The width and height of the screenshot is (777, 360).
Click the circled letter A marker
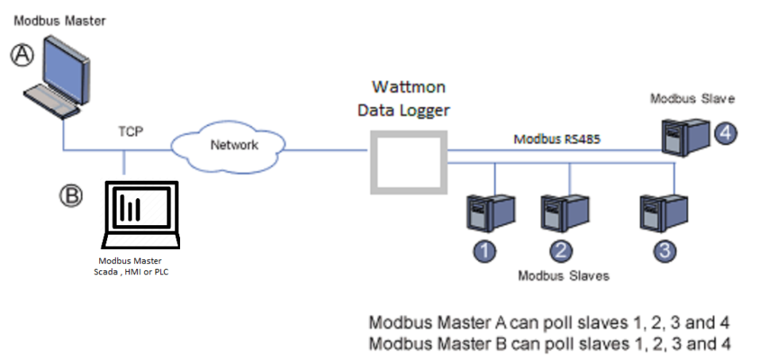[22, 54]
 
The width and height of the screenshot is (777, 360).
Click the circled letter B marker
[72, 195]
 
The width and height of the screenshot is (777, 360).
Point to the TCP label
[131, 132]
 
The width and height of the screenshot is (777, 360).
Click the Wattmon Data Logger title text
[407, 98]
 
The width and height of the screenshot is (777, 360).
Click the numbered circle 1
[484, 251]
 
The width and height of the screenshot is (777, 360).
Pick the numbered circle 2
[561, 251]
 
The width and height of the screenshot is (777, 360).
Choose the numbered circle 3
[664, 251]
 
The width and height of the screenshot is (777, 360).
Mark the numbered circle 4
[725, 133]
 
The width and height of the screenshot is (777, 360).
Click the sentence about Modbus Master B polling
[549, 344]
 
